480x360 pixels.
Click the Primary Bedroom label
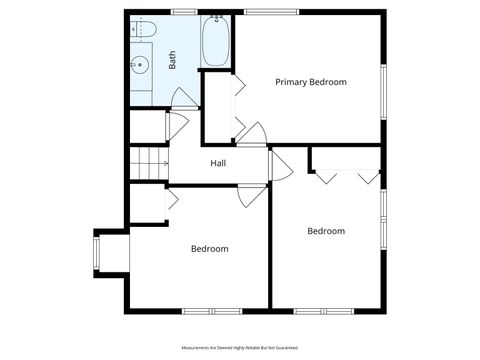tap(311, 82)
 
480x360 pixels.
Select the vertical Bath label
tap(172, 61)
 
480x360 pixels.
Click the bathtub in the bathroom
tap(215, 42)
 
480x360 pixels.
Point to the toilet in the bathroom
tap(142, 27)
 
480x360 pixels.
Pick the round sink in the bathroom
tap(140, 67)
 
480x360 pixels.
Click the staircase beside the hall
tap(149, 162)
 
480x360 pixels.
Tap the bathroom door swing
tap(183, 98)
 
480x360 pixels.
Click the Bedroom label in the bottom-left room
tap(210, 249)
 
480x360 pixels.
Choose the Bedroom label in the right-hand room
tap(325, 231)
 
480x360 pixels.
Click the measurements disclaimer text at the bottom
tap(240, 348)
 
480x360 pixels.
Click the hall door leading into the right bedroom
tap(279, 166)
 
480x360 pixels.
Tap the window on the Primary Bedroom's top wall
tap(263, 12)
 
